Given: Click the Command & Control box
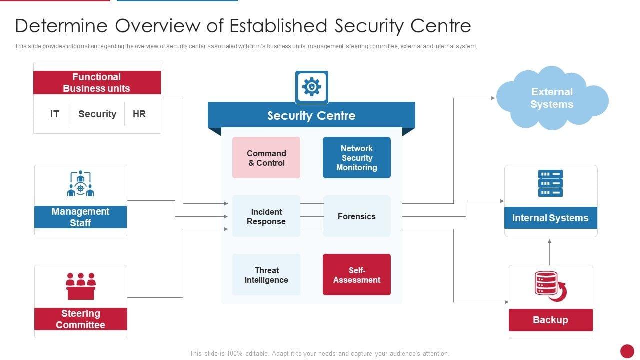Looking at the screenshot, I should (266, 158).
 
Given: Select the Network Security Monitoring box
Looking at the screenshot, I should (356, 158).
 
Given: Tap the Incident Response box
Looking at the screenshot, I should (266, 216).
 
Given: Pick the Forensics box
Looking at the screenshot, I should (356, 216).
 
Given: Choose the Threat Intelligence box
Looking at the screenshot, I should (266, 275).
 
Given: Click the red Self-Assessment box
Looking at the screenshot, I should (356, 275).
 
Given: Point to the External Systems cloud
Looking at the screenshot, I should (552, 98).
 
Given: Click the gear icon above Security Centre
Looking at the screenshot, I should (311, 87).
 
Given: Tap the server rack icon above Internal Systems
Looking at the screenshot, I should (550, 183).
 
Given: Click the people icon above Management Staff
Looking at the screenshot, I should (80, 184).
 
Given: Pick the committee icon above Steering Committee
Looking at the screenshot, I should (80, 286).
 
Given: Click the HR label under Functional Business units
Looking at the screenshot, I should (139, 114).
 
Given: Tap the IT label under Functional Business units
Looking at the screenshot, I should (55, 114).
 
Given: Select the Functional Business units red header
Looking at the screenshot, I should (97, 83).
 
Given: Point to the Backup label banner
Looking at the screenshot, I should (550, 320).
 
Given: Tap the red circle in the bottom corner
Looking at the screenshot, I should (627, 351).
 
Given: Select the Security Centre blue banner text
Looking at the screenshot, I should (311, 116).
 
